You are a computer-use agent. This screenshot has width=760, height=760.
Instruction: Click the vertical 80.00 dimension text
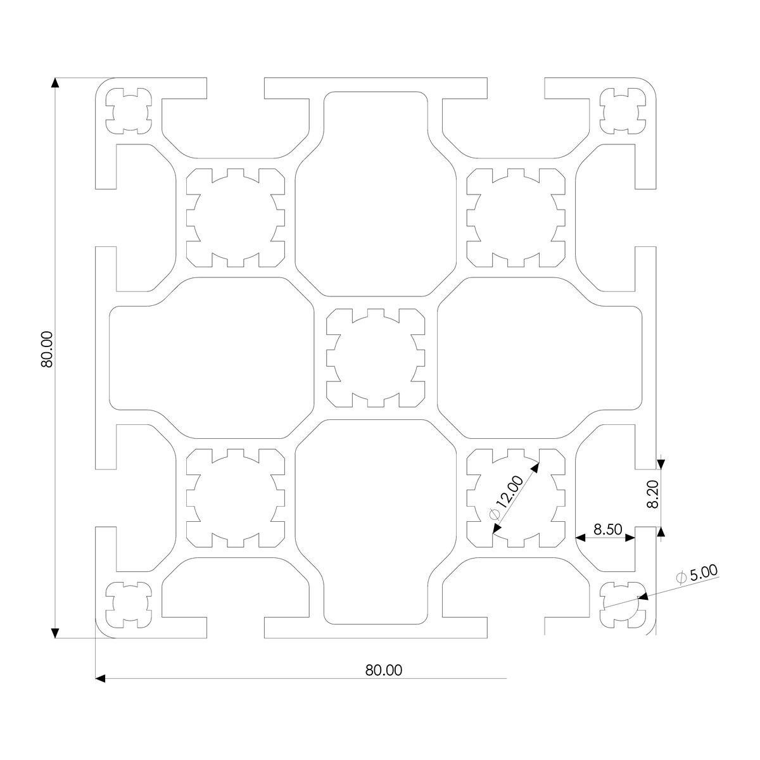(x=46, y=350)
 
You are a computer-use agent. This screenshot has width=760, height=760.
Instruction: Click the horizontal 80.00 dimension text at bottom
(x=383, y=670)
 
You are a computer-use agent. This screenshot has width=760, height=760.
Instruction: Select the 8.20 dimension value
(x=653, y=494)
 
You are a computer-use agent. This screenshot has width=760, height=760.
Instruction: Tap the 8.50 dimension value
(x=608, y=529)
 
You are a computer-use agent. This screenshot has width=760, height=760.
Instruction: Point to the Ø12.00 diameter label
(x=506, y=498)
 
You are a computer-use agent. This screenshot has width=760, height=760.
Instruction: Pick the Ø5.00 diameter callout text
(x=697, y=574)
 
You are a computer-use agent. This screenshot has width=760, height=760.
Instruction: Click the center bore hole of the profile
(x=376, y=358)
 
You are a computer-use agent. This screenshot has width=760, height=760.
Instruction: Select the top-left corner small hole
(x=129, y=111)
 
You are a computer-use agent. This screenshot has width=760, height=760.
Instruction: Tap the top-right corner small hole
(x=623, y=111)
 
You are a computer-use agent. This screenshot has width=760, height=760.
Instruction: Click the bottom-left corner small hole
(x=129, y=605)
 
